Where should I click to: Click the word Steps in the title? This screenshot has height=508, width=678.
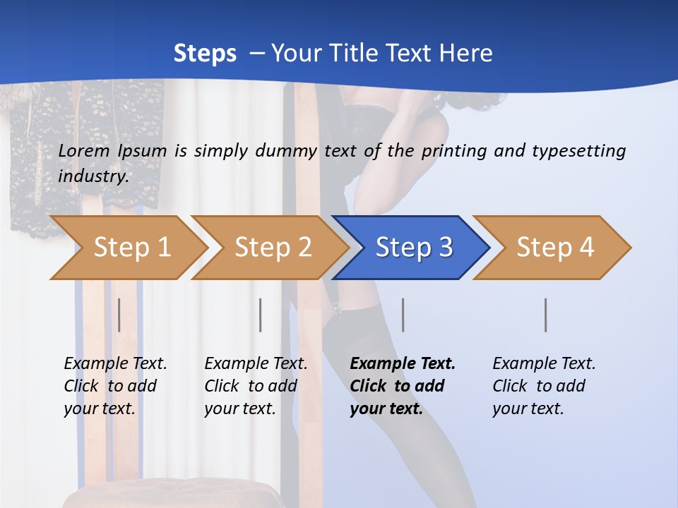tap(205, 53)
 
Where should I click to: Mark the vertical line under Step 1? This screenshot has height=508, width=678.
tap(119, 315)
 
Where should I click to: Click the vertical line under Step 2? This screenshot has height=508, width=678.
tap(261, 315)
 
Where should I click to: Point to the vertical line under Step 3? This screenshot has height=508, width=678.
tap(403, 315)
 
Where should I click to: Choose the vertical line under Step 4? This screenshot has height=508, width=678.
tap(546, 315)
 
